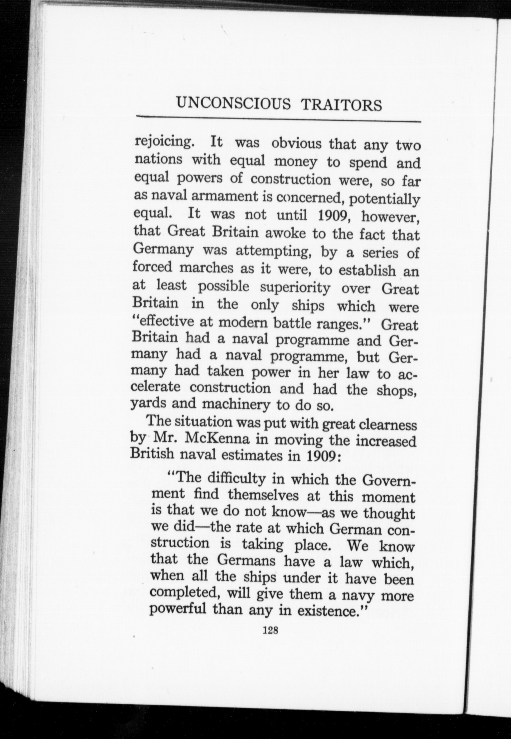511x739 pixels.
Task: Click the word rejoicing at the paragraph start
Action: click(x=164, y=142)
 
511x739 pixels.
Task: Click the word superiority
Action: click(x=295, y=288)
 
